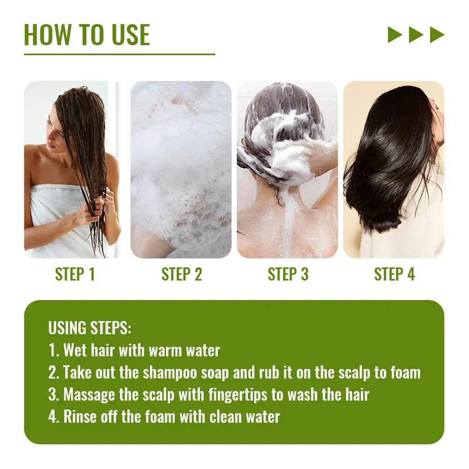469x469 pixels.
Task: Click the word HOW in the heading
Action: coord(47,35)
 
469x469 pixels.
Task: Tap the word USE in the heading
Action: coord(130,35)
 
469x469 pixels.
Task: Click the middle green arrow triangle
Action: coord(416,34)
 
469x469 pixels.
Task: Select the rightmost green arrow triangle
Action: coord(437,34)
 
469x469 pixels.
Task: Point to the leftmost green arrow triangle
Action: coord(395,34)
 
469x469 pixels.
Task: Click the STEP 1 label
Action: coord(75,274)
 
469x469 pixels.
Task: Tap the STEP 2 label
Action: coord(182,274)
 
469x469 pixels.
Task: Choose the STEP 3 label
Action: coord(288,274)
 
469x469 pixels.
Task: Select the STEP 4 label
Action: coord(395,274)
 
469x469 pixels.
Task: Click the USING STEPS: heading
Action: coord(90,328)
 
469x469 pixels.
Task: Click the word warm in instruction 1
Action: coord(165,350)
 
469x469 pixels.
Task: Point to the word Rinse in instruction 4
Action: coord(80,417)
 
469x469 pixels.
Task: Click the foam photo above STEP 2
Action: coord(181,170)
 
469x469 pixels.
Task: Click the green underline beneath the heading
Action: coord(119,54)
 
